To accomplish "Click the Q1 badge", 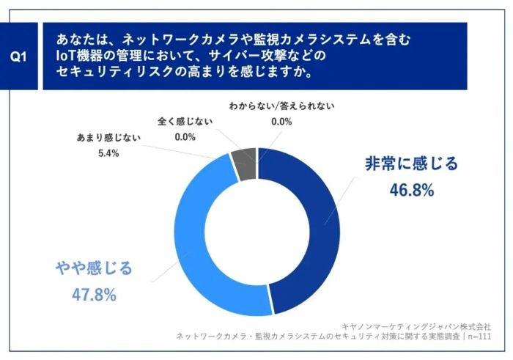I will tap(21, 56).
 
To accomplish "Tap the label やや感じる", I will tap(95, 268).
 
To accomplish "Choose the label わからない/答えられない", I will tap(281, 106).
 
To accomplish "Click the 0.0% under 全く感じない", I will tap(185, 136).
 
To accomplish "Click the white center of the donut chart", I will tap(257, 232).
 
